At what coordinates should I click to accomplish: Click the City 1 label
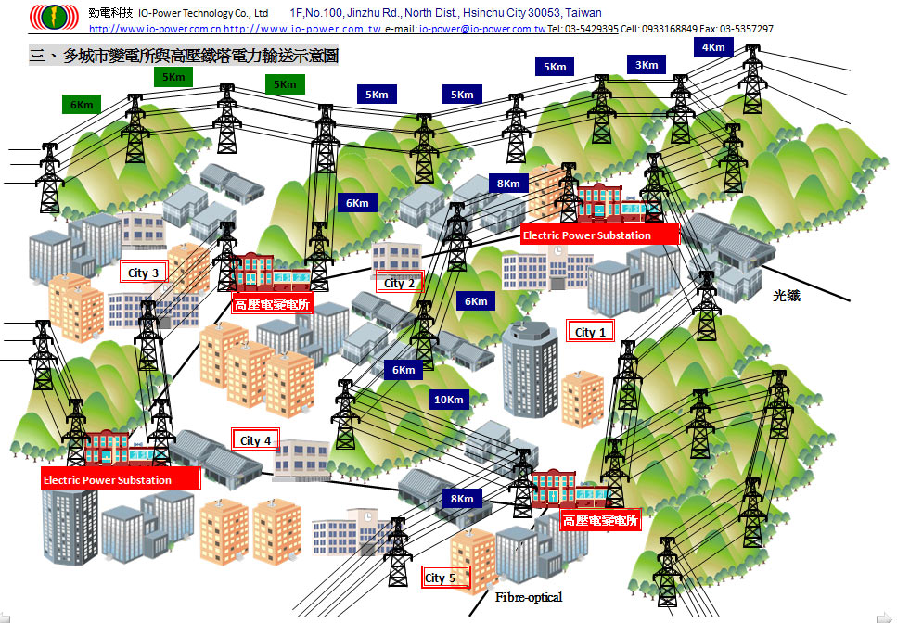(591, 332)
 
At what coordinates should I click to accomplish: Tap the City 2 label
(400, 283)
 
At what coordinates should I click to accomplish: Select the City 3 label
(144, 273)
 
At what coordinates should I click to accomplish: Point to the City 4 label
(256, 440)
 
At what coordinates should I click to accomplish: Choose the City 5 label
(441, 578)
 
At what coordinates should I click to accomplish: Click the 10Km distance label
(448, 400)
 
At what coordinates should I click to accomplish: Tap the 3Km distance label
(647, 65)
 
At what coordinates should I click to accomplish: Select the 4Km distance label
(713, 47)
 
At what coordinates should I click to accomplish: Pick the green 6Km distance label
(82, 105)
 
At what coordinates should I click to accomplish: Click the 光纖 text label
(787, 297)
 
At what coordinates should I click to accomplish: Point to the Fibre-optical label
(529, 597)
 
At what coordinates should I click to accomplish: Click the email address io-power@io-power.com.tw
(481, 29)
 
